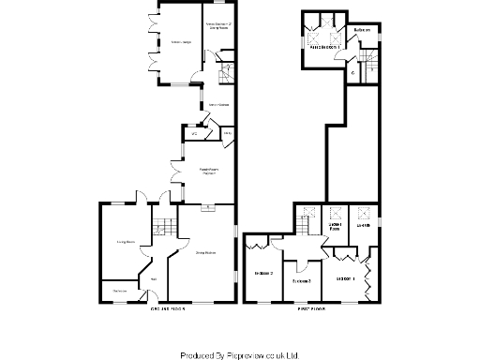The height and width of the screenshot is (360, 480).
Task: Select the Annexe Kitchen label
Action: pos(218,104)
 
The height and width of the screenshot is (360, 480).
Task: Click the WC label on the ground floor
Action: pos(194,135)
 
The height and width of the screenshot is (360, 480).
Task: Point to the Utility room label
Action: pos(226,135)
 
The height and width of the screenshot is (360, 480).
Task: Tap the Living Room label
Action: pos(126,242)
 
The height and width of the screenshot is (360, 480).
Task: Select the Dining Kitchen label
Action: pos(205,252)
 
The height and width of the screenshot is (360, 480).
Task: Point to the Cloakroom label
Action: pos(120,291)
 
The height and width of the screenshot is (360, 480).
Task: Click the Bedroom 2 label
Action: pos(301,280)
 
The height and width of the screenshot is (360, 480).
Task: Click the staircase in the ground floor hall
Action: pos(163,227)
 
